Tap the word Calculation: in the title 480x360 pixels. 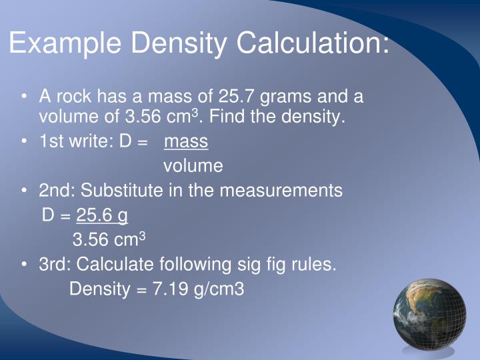pos(311,44)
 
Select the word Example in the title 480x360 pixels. pos(65,44)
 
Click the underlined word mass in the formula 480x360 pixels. pos(186,142)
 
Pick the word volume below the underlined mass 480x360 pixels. pos(193,165)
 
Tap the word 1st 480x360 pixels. pos(51,142)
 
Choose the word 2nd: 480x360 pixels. pos(57,191)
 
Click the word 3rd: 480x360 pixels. pos(55,265)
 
